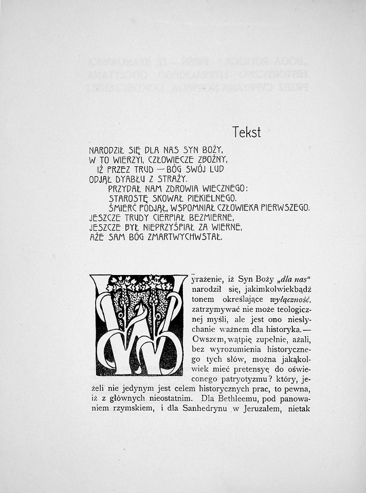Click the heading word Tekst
246,132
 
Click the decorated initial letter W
139,324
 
